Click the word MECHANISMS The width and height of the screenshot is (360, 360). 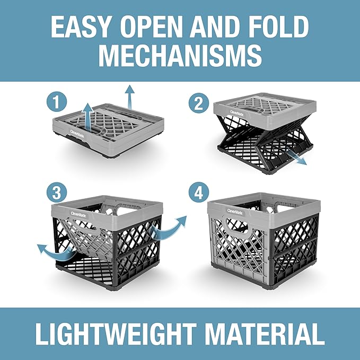pyautogui.click(x=180, y=56)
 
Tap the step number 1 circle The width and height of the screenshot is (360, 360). pyautogui.click(x=57, y=102)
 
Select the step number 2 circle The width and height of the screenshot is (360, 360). pyautogui.click(x=199, y=103)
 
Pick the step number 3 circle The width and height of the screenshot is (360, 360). pyautogui.click(x=57, y=192)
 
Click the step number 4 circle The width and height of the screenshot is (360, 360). pyautogui.click(x=199, y=192)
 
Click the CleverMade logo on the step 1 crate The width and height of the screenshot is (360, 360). pyautogui.click(x=77, y=135)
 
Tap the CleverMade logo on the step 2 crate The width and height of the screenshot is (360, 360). pyautogui.click(x=238, y=113)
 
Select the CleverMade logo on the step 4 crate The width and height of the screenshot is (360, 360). pyautogui.click(x=235, y=212)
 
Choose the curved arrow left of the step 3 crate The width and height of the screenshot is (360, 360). pyautogui.click(x=55, y=253)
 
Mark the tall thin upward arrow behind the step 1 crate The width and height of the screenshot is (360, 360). pyautogui.click(x=130, y=97)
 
